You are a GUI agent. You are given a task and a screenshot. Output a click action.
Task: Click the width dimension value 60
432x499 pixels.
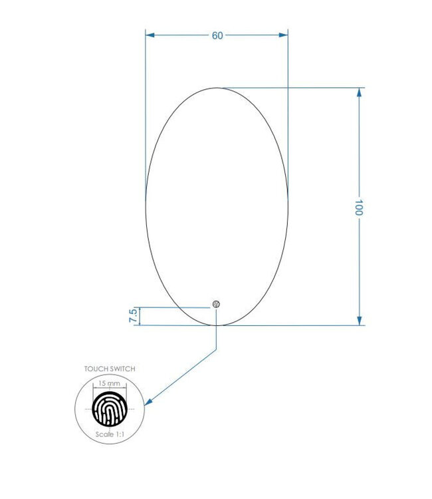point(217,36)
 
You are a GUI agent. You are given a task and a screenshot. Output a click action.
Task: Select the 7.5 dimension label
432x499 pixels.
point(133,315)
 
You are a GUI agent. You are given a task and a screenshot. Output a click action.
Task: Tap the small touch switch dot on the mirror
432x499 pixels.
point(216,304)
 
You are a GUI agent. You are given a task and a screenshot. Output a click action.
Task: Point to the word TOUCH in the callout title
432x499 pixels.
point(94,369)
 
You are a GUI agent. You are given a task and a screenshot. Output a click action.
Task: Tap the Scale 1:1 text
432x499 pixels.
point(109,433)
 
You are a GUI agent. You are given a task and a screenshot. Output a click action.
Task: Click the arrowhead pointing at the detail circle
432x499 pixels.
point(149,401)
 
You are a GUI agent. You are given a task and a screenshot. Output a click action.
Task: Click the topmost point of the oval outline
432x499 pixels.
point(217,87)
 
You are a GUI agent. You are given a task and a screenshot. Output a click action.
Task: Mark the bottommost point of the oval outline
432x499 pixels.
point(217,325)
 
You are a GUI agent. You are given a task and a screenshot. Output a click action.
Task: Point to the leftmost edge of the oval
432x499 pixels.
point(146,206)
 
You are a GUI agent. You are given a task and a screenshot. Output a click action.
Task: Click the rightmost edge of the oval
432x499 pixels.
point(288,206)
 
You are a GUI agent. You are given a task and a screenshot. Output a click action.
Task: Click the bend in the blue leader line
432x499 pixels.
point(217,349)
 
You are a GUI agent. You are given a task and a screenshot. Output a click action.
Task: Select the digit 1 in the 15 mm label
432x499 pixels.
point(100,384)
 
